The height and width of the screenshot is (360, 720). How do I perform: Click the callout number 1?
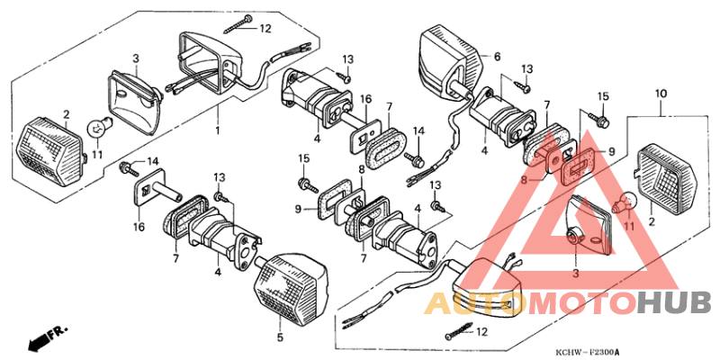[x=217, y=131]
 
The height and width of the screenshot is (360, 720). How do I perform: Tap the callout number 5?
[x=279, y=337]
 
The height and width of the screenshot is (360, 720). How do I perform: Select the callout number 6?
[x=496, y=57]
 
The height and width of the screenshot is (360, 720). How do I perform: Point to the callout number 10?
[x=661, y=94]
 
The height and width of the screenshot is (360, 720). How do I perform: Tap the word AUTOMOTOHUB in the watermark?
[x=567, y=304]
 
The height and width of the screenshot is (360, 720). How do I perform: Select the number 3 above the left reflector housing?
[x=136, y=58]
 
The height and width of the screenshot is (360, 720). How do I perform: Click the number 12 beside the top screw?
[x=265, y=28]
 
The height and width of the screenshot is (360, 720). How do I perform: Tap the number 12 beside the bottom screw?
[x=481, y=331]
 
